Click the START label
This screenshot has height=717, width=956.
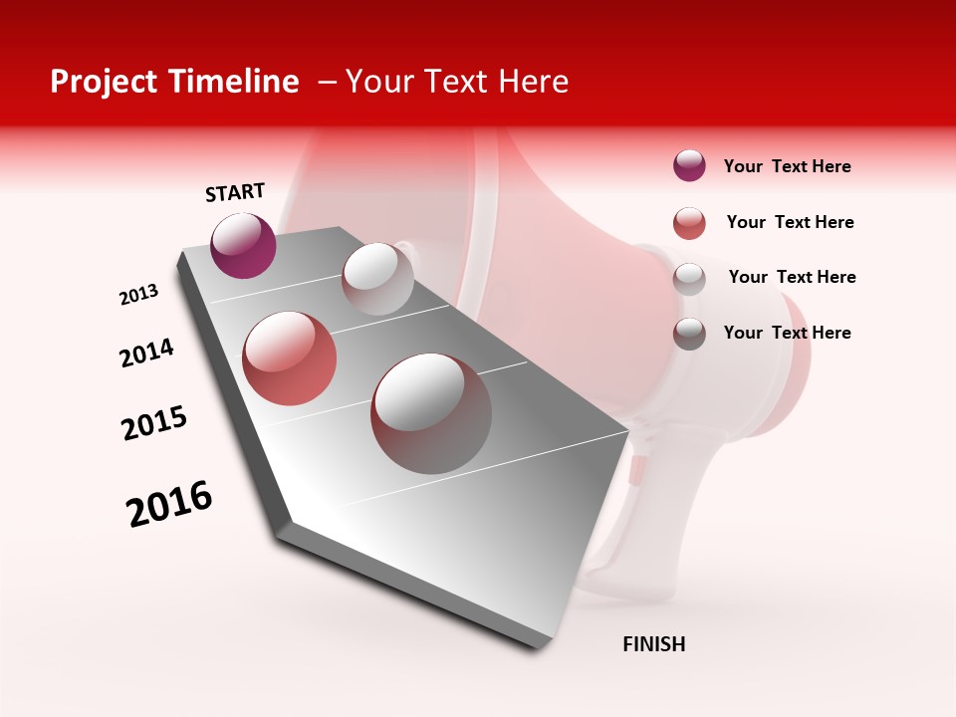click(x=235, y=192)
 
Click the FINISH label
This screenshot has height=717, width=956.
click(x=654, y=644)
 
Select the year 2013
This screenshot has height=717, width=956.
click(x=138, y=295)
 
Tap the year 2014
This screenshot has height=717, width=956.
click(x=146, y=353)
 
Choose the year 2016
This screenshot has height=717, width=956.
click(x=169, y=504)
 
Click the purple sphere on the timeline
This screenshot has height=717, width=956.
click(x=243, y=246)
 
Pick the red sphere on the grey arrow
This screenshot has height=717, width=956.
click(x=290, y=358)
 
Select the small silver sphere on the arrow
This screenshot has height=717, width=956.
click(x=377, y=279)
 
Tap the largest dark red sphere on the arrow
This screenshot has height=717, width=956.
click(x=431, y=413)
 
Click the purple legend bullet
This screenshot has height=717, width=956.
click(x=689, y=166)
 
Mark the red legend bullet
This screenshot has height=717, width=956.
click(x=689, y=223)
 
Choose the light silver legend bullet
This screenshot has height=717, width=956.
click(x=689, y=278)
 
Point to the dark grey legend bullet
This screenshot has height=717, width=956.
click(x=689, y=333)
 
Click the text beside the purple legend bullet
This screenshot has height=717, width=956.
click(x=787, y=166)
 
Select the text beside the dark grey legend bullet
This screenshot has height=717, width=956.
click(x=787, y=333)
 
